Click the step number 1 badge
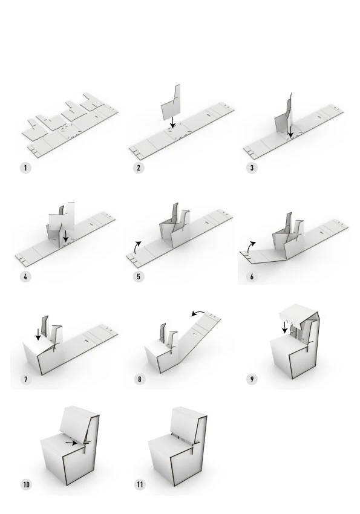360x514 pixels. (x=25, y=168)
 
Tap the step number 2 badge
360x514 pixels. (x=139, y=168)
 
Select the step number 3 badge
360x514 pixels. (x=252, y=168)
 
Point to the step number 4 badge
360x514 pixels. (x=25, y=277)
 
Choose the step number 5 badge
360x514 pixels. (x=139, y=277)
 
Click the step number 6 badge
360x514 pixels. (x=252, y=277)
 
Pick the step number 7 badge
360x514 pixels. (x=25, y=380)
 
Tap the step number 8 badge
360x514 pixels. (x=140, y=380)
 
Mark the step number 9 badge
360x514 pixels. (x=252, y=380)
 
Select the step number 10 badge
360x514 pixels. (x=26, y=484)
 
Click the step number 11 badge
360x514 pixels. (x=140, y=484)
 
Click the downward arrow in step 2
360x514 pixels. (x=173, y=122)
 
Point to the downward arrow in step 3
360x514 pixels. (x=290, y=131)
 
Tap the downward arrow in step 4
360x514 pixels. (x=65, y=236)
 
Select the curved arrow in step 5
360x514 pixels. (x=137, y=247)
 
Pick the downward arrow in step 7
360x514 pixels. (x=38, y=334)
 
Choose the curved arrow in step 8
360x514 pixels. (x=199, y=313)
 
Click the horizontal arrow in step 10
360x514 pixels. (x=71, y=443)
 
